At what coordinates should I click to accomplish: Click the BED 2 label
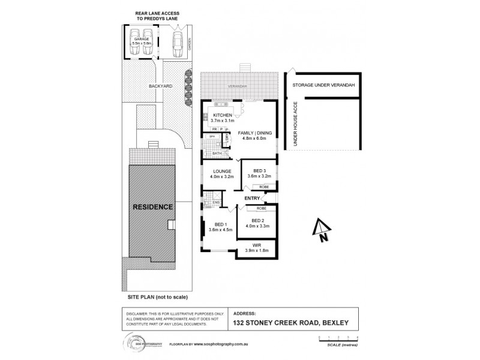[x=256, y=220]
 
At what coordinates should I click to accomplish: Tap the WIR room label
[x=256, y=245]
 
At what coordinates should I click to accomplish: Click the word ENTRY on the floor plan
[x=252, y=198]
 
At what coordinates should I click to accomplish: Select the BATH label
[x=216, y=154]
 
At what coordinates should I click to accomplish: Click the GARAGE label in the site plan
[x=141, y=38]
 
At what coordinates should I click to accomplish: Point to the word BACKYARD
[x=161, y=86]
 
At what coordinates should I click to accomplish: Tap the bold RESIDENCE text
[x=154, y=207]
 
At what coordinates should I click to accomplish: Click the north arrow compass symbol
[x=321, y=230]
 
